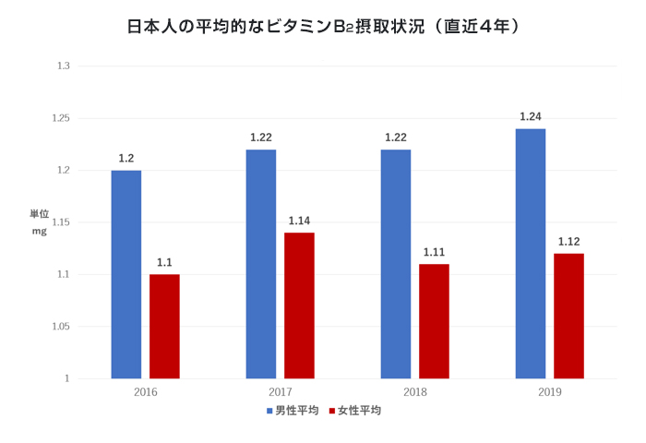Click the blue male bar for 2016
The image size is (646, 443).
(126, 274)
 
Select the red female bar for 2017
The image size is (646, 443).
(299, 305)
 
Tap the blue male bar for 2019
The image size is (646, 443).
(531, 254)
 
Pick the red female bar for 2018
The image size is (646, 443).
(434, 321)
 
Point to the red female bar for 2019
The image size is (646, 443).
(568, 316)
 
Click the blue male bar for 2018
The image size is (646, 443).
(396, 264)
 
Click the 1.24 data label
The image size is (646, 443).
(531, 117)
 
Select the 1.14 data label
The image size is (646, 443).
(299, 221)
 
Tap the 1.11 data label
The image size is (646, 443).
(434, 252)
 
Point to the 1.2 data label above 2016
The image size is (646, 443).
(126, 159)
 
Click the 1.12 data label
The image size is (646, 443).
(568, 242)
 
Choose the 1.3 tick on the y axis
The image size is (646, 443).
(64, 66)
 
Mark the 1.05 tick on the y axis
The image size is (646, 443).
(61, 327)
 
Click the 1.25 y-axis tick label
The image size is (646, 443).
(61, 119)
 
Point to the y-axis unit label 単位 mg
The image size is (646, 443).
(40, 222)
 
